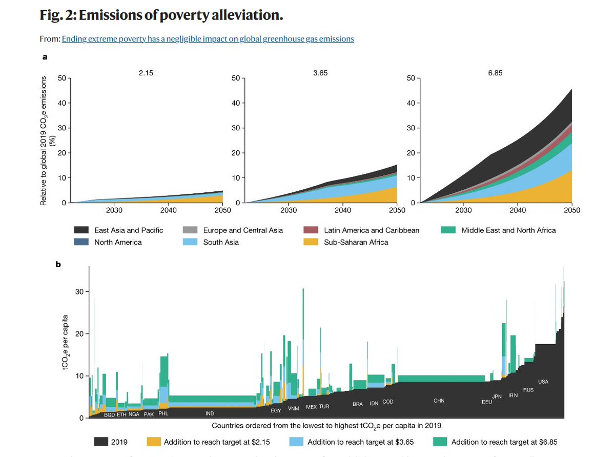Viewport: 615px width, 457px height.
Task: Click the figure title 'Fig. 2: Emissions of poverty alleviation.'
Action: coord(161,15)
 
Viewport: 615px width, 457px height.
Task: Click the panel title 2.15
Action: coord(146,73)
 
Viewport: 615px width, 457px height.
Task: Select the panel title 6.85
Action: coord(495,73)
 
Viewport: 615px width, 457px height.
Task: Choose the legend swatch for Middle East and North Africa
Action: coord(449,230)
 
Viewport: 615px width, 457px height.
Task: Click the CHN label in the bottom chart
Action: coord(439,401)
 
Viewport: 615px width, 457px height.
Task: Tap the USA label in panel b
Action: coord(543,382)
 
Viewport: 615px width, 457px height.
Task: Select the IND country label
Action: coord(210,413)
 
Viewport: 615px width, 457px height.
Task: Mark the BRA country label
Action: coord(358,404)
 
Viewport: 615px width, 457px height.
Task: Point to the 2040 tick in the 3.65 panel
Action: coord(342,210)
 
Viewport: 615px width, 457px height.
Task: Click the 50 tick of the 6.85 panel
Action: coord(411,78)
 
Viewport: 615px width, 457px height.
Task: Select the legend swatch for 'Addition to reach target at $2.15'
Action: coord(154,442)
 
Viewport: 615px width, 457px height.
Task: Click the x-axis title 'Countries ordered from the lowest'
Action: coord(326,425)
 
